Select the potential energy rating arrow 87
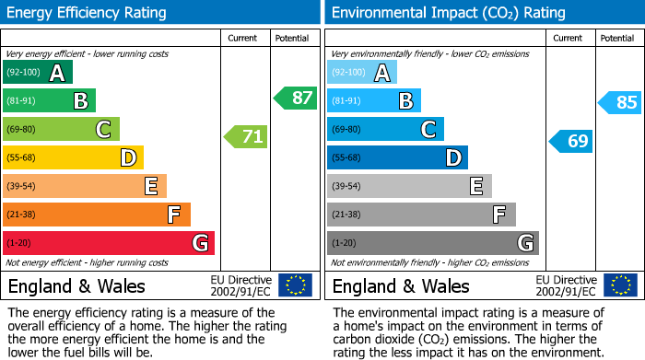pos(296,98)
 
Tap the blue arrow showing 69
pos(571,141)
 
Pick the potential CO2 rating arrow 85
pos(620,102)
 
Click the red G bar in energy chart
pos(109,243)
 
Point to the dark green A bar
pos(38,73)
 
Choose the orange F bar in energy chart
pos(97,215)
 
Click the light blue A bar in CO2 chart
pos(362,73)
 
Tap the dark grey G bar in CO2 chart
pos(432,243)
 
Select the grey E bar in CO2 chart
pos(409,186)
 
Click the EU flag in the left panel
pos(295,285)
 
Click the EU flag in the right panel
pos(619,285)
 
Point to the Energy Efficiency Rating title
pos(88,13)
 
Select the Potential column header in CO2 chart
pos(617,38)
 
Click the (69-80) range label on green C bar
pos(23,130)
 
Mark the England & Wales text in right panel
pos(401,285)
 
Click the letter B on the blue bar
pos(405,101)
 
